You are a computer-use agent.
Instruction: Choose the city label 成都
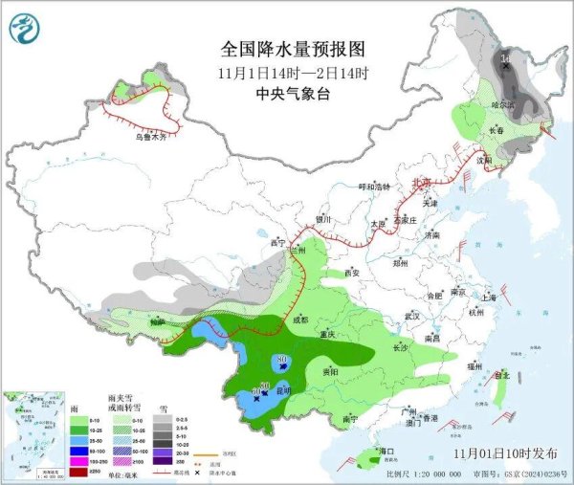click(x=300, y=320)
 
